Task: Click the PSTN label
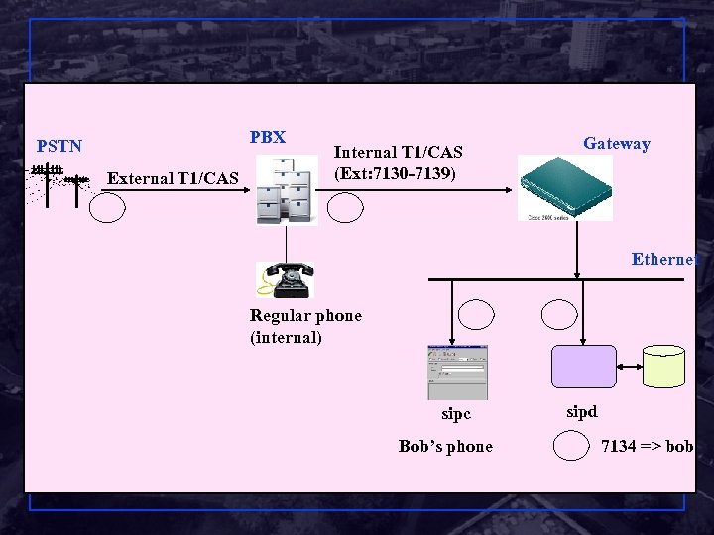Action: (59, 146)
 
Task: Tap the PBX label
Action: (268, 137)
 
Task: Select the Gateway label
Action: (616, 143)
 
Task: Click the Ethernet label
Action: (664, 259)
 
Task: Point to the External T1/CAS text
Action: (173, 178)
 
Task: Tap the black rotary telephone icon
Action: (285, 278)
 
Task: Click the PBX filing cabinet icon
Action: (287, 189)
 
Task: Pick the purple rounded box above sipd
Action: (583, 366)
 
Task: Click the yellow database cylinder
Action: (663, 367)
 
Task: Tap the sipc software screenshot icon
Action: (457, 372)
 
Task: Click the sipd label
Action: (581, 411)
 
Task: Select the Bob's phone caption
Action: (445, 446)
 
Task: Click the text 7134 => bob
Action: (648, 446)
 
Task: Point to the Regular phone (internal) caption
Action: (305, 326)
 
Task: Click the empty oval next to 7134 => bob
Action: (571, 447)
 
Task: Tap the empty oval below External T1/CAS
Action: (107, 207)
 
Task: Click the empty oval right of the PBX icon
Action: (346, 207)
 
